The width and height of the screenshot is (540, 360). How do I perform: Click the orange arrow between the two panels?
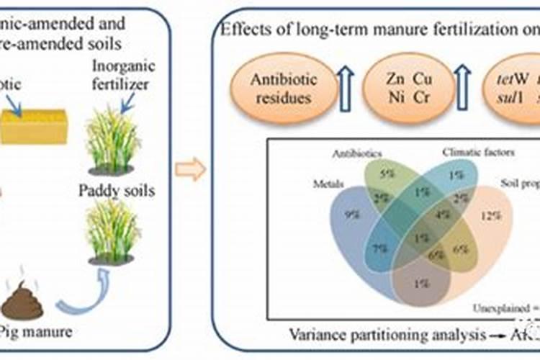click(x=192, y=170)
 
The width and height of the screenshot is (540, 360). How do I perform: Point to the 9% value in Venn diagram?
click(x=352, y=214)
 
